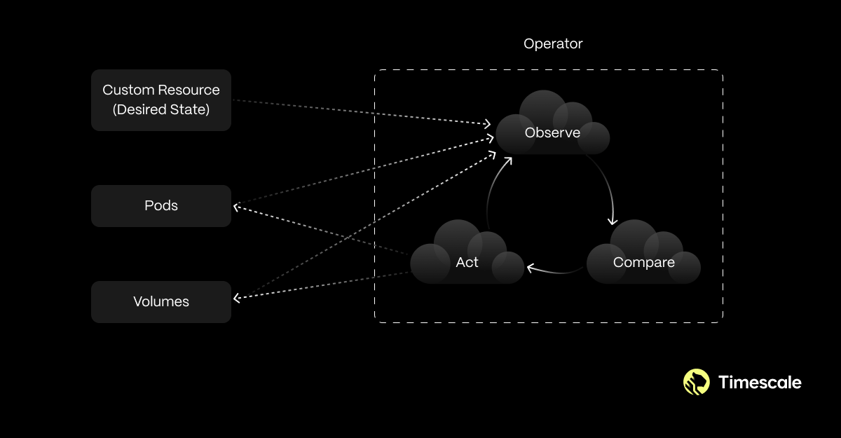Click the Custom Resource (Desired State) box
(x=161, y=100)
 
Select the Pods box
(x=161, y=206)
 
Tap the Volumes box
(x=161, y=302)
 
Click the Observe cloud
(x=552, y=126)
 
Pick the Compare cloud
(x=643, y=256)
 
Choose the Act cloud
(x=467, y=256)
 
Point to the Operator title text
(x=553, y=43)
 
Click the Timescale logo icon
(x=697, y=382)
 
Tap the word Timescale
(x=760, y=382)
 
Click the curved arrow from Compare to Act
(x=557, y=271)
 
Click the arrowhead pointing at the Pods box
(x=237, y=206)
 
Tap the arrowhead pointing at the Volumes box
(x=237, y=299)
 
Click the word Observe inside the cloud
(x=552, y=132)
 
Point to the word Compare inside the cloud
(x=643, y=263)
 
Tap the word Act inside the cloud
(x=467, y=263)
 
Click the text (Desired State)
(x=161, y=109)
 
